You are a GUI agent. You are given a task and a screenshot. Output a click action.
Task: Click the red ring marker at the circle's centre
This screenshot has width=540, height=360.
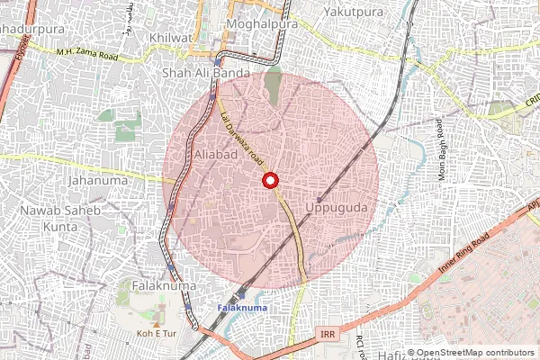coord(270,180)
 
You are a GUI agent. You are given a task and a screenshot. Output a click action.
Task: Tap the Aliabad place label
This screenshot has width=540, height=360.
coord(215,155)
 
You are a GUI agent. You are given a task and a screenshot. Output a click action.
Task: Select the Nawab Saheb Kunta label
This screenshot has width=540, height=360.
coord(62,217)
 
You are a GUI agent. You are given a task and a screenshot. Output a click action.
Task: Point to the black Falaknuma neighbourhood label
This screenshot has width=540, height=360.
coord(165,285)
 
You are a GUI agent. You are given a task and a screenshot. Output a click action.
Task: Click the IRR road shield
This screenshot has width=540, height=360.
coord(327,335)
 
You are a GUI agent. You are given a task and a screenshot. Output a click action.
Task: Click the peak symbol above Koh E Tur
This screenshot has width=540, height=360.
coord(158,319)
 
